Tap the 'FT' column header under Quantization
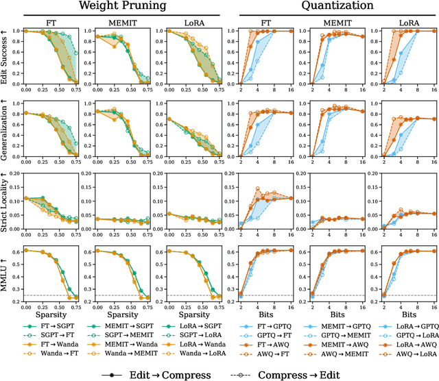click(x=264, y=21)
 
